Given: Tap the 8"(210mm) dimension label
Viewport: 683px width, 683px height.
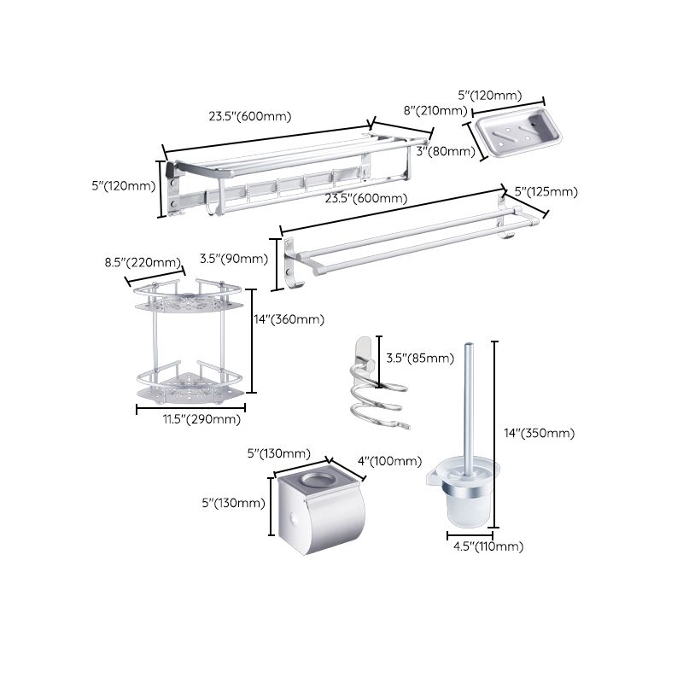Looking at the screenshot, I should (x=435, y=110).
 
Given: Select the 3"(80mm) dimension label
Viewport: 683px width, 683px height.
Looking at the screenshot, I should (x=447, y=152).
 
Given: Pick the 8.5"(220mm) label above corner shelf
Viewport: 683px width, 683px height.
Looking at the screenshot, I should (x=155, y=262).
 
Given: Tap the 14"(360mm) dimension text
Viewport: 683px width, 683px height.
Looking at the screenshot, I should (x=289, y=319).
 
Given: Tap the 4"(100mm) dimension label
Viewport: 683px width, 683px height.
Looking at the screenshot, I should (x=389, y=461).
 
